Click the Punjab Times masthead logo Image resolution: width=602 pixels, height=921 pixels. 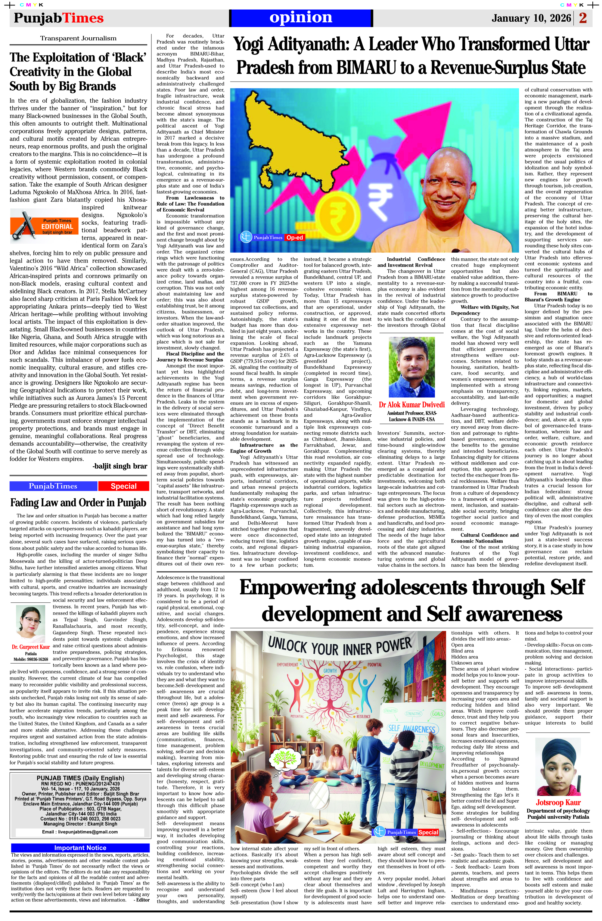point(59,18)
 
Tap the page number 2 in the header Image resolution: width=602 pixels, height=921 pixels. point(583,18)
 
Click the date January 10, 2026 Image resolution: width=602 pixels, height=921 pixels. point(531,18)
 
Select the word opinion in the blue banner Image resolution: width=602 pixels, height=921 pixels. point(301,17)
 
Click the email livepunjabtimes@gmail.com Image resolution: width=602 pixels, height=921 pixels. point(80,832)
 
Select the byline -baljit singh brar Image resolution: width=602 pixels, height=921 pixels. point(120,466)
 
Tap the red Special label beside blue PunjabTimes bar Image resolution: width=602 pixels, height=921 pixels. point(123,486)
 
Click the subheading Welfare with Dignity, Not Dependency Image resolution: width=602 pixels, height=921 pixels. point(484,310)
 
